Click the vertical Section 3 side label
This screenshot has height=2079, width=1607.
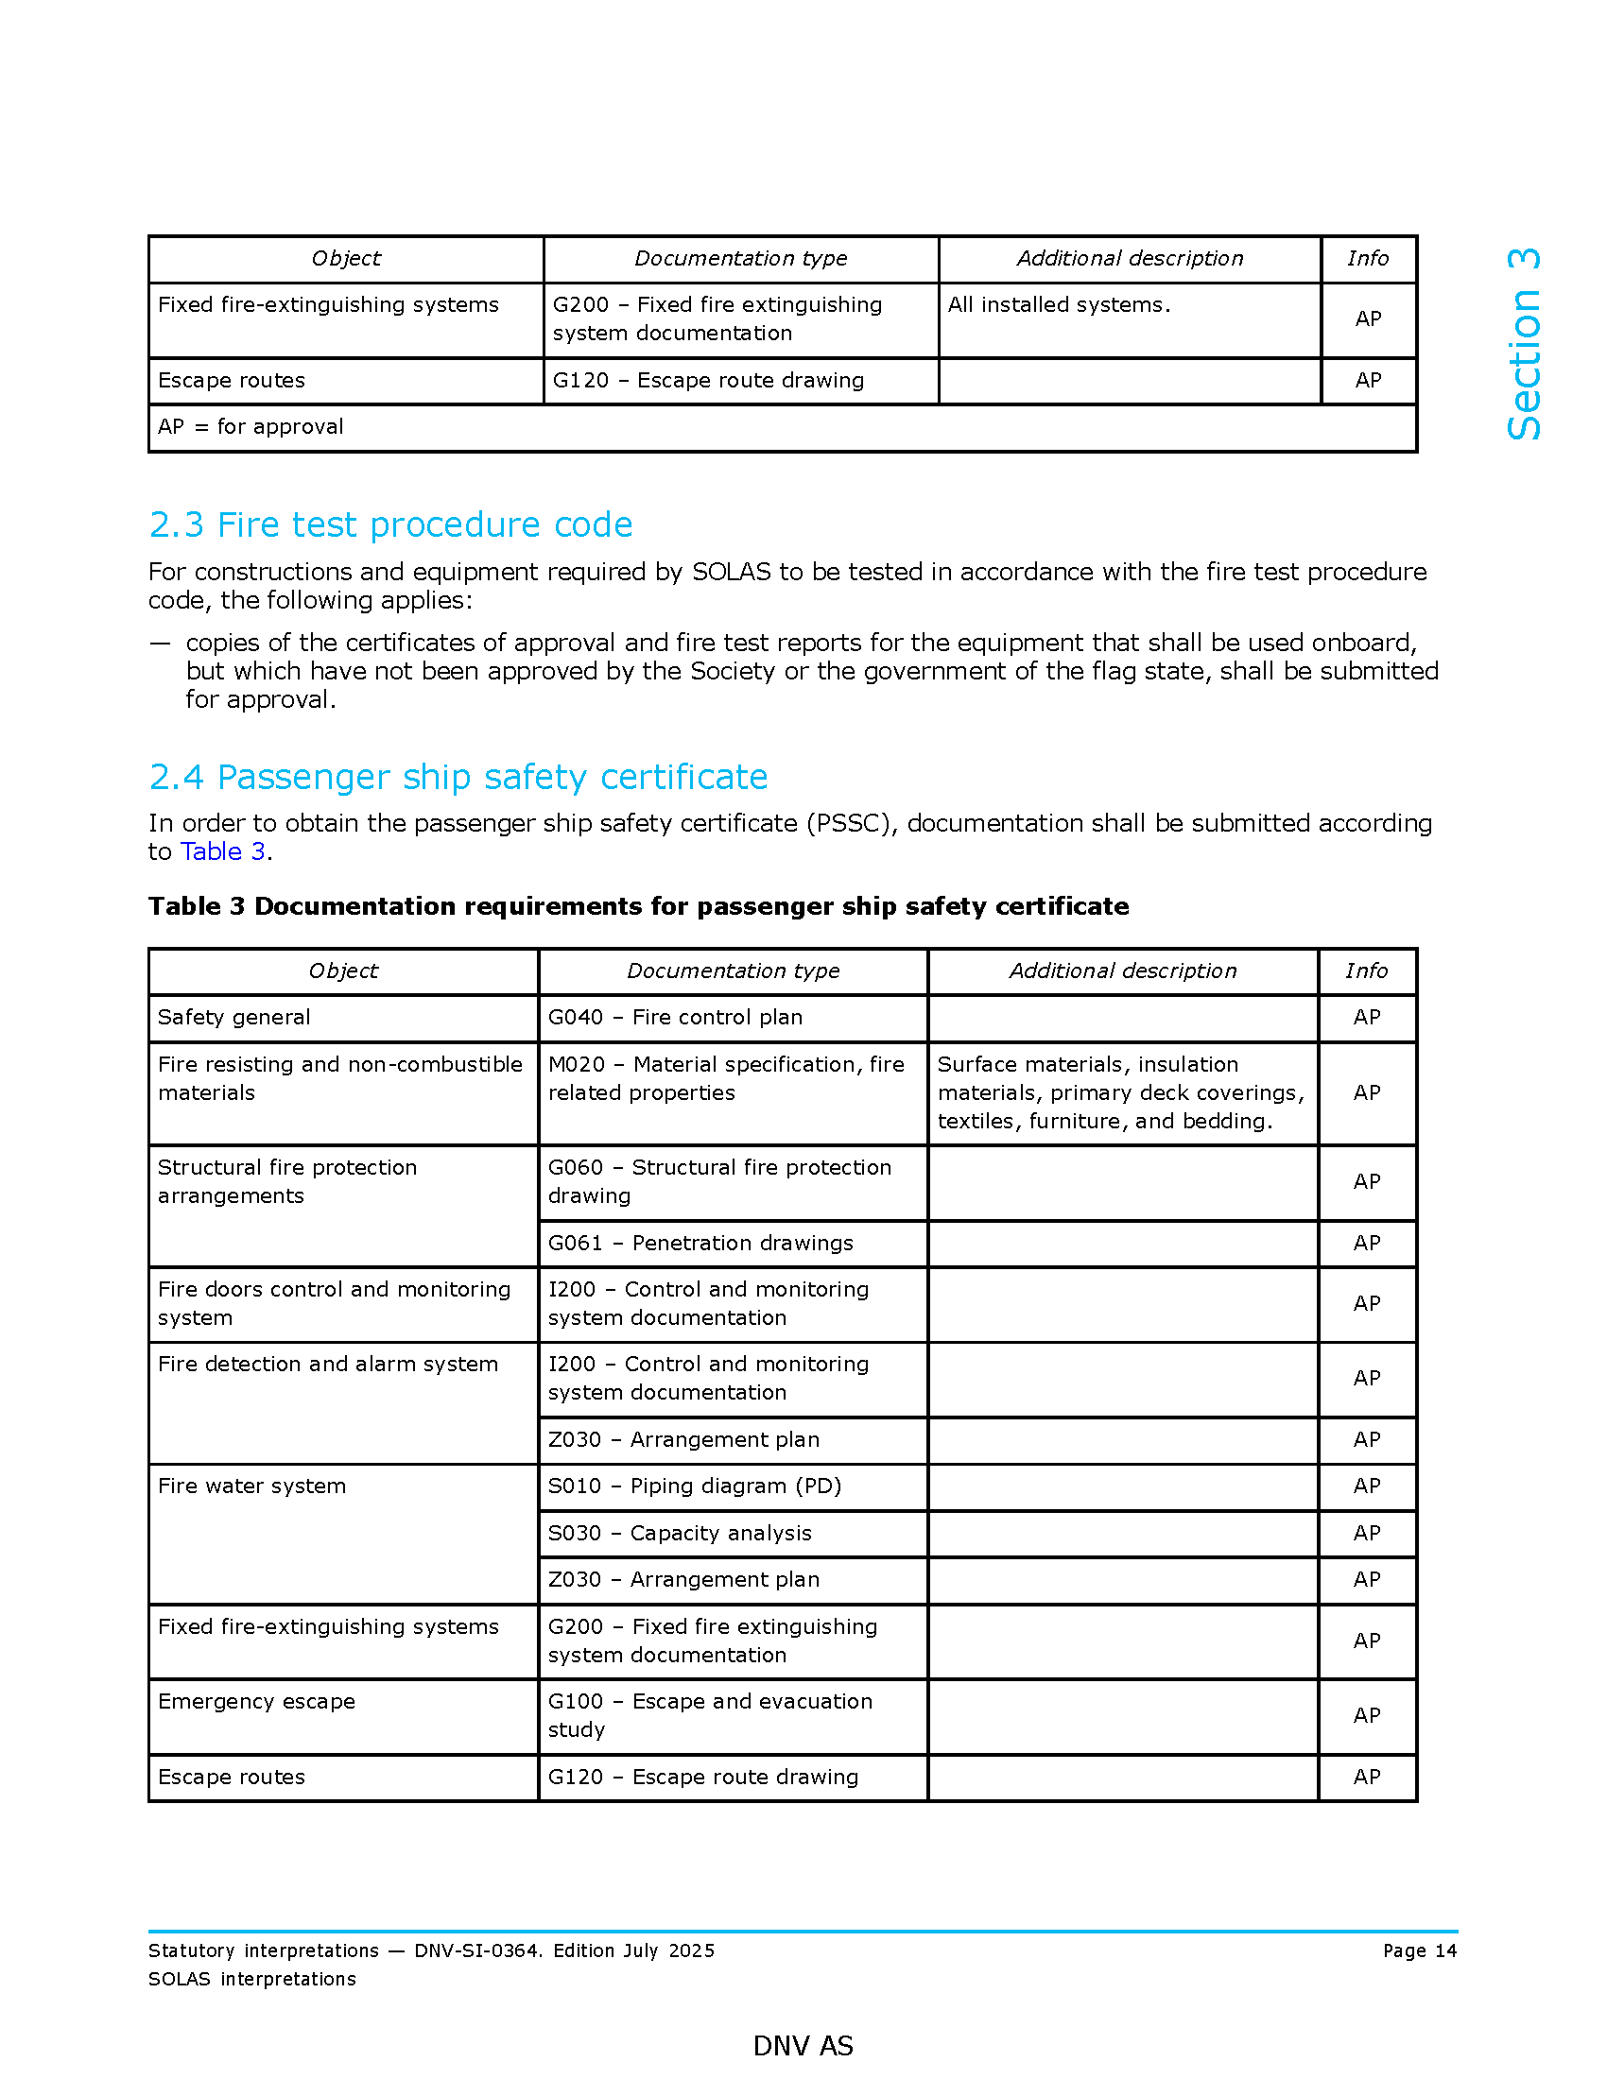pos(1524,344)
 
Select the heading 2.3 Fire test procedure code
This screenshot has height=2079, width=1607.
pos(390,524)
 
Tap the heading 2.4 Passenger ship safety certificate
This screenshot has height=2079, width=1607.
pos(458,777)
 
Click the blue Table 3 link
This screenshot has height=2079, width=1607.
pos(223,851)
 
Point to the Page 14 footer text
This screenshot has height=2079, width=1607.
pos(1419,1950)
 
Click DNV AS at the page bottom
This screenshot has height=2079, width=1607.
pos(803,2046)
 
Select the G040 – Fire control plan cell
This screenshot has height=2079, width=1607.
pos(675,1017)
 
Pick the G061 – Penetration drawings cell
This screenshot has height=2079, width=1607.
pos(700,1243)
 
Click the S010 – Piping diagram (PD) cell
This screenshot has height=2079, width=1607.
pos(694,1485)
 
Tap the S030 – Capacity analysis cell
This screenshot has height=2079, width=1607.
pos(679,1533)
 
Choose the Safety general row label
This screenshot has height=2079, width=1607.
pos(234,1017)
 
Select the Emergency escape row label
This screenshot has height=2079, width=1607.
pos(256,1701)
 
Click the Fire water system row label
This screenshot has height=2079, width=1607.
pos(251,1485)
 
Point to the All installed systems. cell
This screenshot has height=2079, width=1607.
pos(1059,304)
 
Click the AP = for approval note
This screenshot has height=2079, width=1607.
pos(251,426)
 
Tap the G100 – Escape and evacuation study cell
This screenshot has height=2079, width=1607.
pos(709,1715)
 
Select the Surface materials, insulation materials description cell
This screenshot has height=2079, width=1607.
pos(1120,1091)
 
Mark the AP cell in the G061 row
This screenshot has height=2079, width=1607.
pos(1366,1243)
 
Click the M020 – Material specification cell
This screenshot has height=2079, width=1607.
pos(725,1077)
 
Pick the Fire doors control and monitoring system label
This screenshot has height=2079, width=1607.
pos(333,1303)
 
